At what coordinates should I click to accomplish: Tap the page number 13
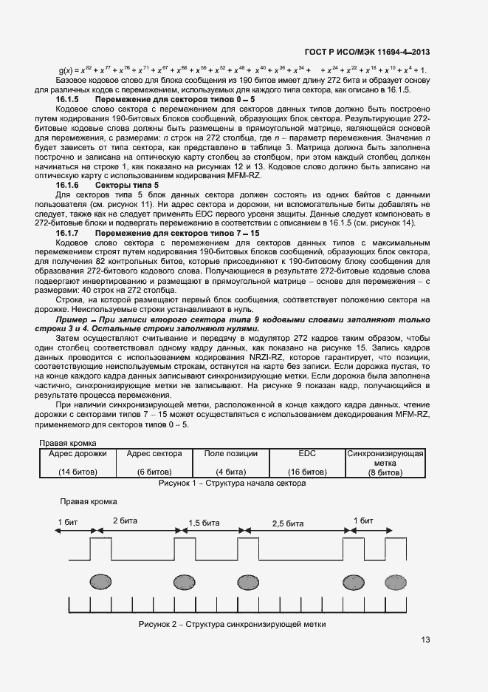coord(425,640)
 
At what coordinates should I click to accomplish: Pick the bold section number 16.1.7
coord(71,234)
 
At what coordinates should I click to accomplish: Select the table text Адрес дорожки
coord(78,454)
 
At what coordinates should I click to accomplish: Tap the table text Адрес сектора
coord(154,454)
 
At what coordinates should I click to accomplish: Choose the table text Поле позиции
coord(230,454)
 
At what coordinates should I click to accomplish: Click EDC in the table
coord(306,454)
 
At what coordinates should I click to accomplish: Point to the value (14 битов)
coord(78,471)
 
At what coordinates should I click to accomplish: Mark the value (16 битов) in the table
coord(306,471)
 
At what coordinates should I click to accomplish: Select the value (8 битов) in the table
coord(385,472)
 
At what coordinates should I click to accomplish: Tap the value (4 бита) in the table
coord(230,471)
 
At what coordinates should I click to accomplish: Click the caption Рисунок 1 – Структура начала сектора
coord(232,484)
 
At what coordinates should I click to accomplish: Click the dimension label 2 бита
coord(125,520)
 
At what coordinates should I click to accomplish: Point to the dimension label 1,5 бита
coord(204,523)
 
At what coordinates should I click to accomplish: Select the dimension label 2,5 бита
coord(288,523)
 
